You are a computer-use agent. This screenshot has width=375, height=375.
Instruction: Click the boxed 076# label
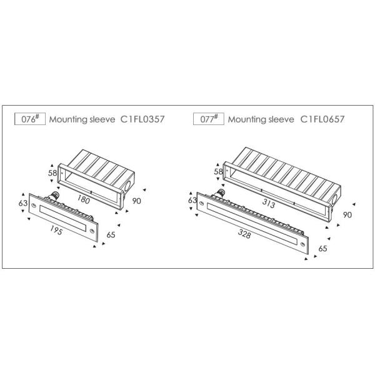click(x=30, y=119)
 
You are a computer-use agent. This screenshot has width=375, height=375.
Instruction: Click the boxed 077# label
click(x=209, y=119)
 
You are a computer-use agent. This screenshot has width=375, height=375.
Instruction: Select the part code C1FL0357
click(x=142, y=119)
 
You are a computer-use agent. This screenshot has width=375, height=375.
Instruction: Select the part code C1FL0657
click(x=322, y=119)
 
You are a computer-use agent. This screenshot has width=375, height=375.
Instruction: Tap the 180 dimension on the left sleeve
click(x=84, y=199)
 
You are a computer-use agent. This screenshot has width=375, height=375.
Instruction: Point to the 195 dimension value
click(x=56, y=230)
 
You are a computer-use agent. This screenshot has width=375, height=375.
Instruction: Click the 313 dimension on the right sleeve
click(x=269, y=203)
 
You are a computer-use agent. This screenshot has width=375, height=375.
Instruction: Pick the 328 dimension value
click(x=244, y=234)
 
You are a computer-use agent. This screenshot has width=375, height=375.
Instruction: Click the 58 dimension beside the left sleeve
click(x=52, y=172)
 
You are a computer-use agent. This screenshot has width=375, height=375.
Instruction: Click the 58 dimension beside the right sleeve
click(x=218, y=171)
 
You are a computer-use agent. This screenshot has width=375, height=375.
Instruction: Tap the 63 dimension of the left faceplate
click(x=23, y=203)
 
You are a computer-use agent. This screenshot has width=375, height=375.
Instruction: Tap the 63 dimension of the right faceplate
click(x=192, y=200)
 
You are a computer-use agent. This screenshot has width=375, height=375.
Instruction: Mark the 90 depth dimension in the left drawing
click(x=136, y=201)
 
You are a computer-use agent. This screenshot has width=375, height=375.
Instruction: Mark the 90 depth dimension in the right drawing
click(x=347, y=215)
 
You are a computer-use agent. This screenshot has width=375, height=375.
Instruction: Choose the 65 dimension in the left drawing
click(x=111, y=235)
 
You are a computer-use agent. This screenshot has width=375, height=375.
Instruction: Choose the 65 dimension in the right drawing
click(x=322, y=249)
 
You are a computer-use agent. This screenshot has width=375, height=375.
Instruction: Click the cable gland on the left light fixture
click(x=53, y=195)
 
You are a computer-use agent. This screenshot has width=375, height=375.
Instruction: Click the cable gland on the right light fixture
click(x=220, y=192)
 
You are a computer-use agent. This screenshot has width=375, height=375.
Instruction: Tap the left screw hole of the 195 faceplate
click(x=34, y=205)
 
